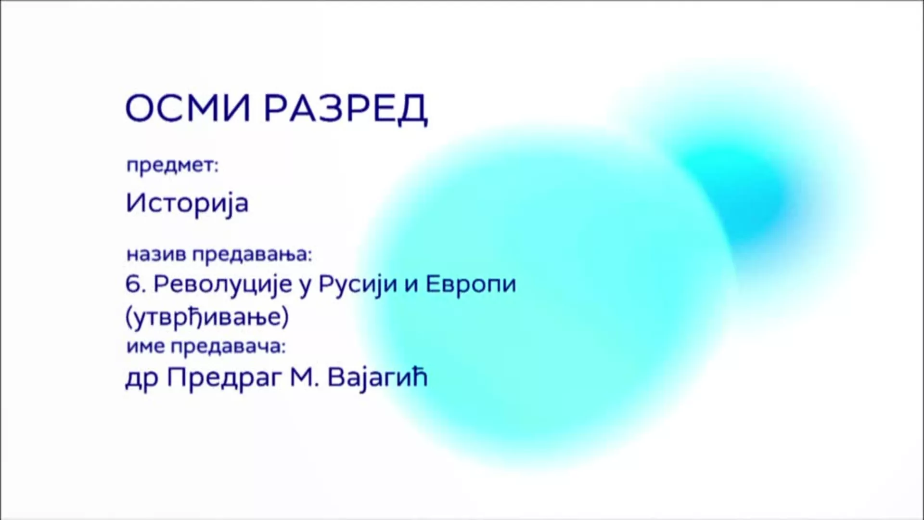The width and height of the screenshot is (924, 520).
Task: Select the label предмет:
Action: point(172,166)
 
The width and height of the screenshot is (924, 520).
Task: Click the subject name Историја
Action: point(187,203)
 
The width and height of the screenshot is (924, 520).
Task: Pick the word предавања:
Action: point(252,255)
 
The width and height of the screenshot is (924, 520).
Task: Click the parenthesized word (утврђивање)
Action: point(207,317)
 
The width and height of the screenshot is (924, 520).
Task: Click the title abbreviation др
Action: point(141,379)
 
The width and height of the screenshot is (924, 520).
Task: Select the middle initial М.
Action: point(304,378)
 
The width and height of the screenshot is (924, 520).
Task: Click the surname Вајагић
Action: point(377,379)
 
